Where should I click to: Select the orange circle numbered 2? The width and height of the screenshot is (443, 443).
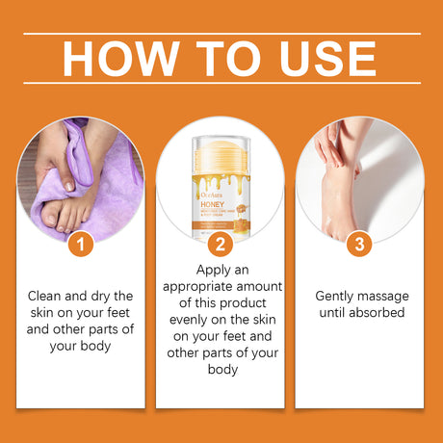point(221,245)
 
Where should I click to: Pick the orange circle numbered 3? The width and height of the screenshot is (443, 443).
point(359,245)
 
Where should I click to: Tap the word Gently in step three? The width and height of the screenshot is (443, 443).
point(333,296)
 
